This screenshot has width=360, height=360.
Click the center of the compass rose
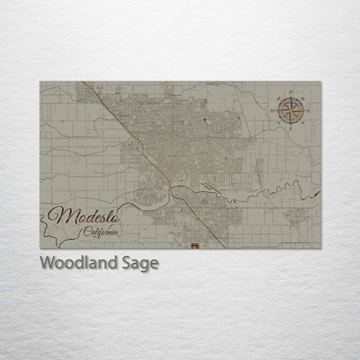(291, 108)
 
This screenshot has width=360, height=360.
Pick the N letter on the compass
(291, 93)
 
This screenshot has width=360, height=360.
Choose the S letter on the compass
(291, 125)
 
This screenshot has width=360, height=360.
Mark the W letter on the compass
(274, 109)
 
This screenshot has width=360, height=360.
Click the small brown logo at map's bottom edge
(194, 245)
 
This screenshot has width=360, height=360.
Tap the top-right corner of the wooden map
(320, 82)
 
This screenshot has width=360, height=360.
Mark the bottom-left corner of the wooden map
(40, 247)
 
